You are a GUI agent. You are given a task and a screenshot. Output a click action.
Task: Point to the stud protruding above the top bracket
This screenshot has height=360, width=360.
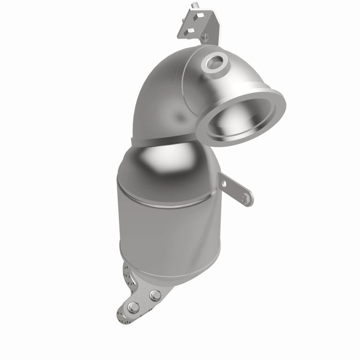tap(194, 6)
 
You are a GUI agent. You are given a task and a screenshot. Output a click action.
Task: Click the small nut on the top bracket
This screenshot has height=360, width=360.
tap(204, 37)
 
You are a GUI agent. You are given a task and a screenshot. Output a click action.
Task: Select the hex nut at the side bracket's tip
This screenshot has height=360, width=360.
tap(247, 197)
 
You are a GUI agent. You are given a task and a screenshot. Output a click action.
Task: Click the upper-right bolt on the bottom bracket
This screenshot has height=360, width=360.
tap(155, 295)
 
